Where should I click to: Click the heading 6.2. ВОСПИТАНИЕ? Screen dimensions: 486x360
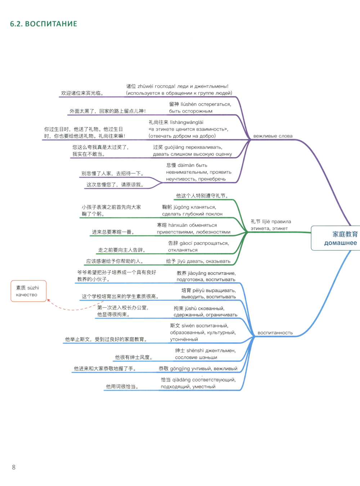click(x=44, y=24)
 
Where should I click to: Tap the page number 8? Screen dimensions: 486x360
click(x=14, y=467)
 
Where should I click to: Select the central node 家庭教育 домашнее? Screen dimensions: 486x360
click(x=340, y=238)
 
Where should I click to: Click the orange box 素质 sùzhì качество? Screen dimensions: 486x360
click(x=28, y=291)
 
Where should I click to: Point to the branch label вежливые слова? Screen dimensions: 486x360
click(x=273, y=136)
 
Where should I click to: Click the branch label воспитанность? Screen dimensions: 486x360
click(x=275, y=333)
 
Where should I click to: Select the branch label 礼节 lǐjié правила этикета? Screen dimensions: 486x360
click(x=271, y=225)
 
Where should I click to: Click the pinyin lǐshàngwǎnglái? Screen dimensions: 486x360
click(x=186, y=122)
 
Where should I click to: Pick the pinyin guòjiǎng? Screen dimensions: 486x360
click(x=175, y=147)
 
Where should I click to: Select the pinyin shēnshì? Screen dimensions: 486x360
click(x=195, y=350)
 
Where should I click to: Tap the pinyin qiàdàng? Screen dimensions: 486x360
click(x=181, y=380)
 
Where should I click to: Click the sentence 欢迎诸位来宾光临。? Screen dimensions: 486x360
click(x=83, y=93)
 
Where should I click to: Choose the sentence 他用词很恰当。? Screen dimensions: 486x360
click(x=122, y=387)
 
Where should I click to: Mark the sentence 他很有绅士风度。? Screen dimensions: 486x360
click(x=134, y=357)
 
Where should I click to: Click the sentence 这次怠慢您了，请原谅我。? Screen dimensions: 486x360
click(x=115, y=185)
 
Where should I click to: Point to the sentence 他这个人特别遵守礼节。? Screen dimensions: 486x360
click(x=202, y=196)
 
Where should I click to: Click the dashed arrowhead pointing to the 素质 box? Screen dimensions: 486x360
click(x=49, y=300)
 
